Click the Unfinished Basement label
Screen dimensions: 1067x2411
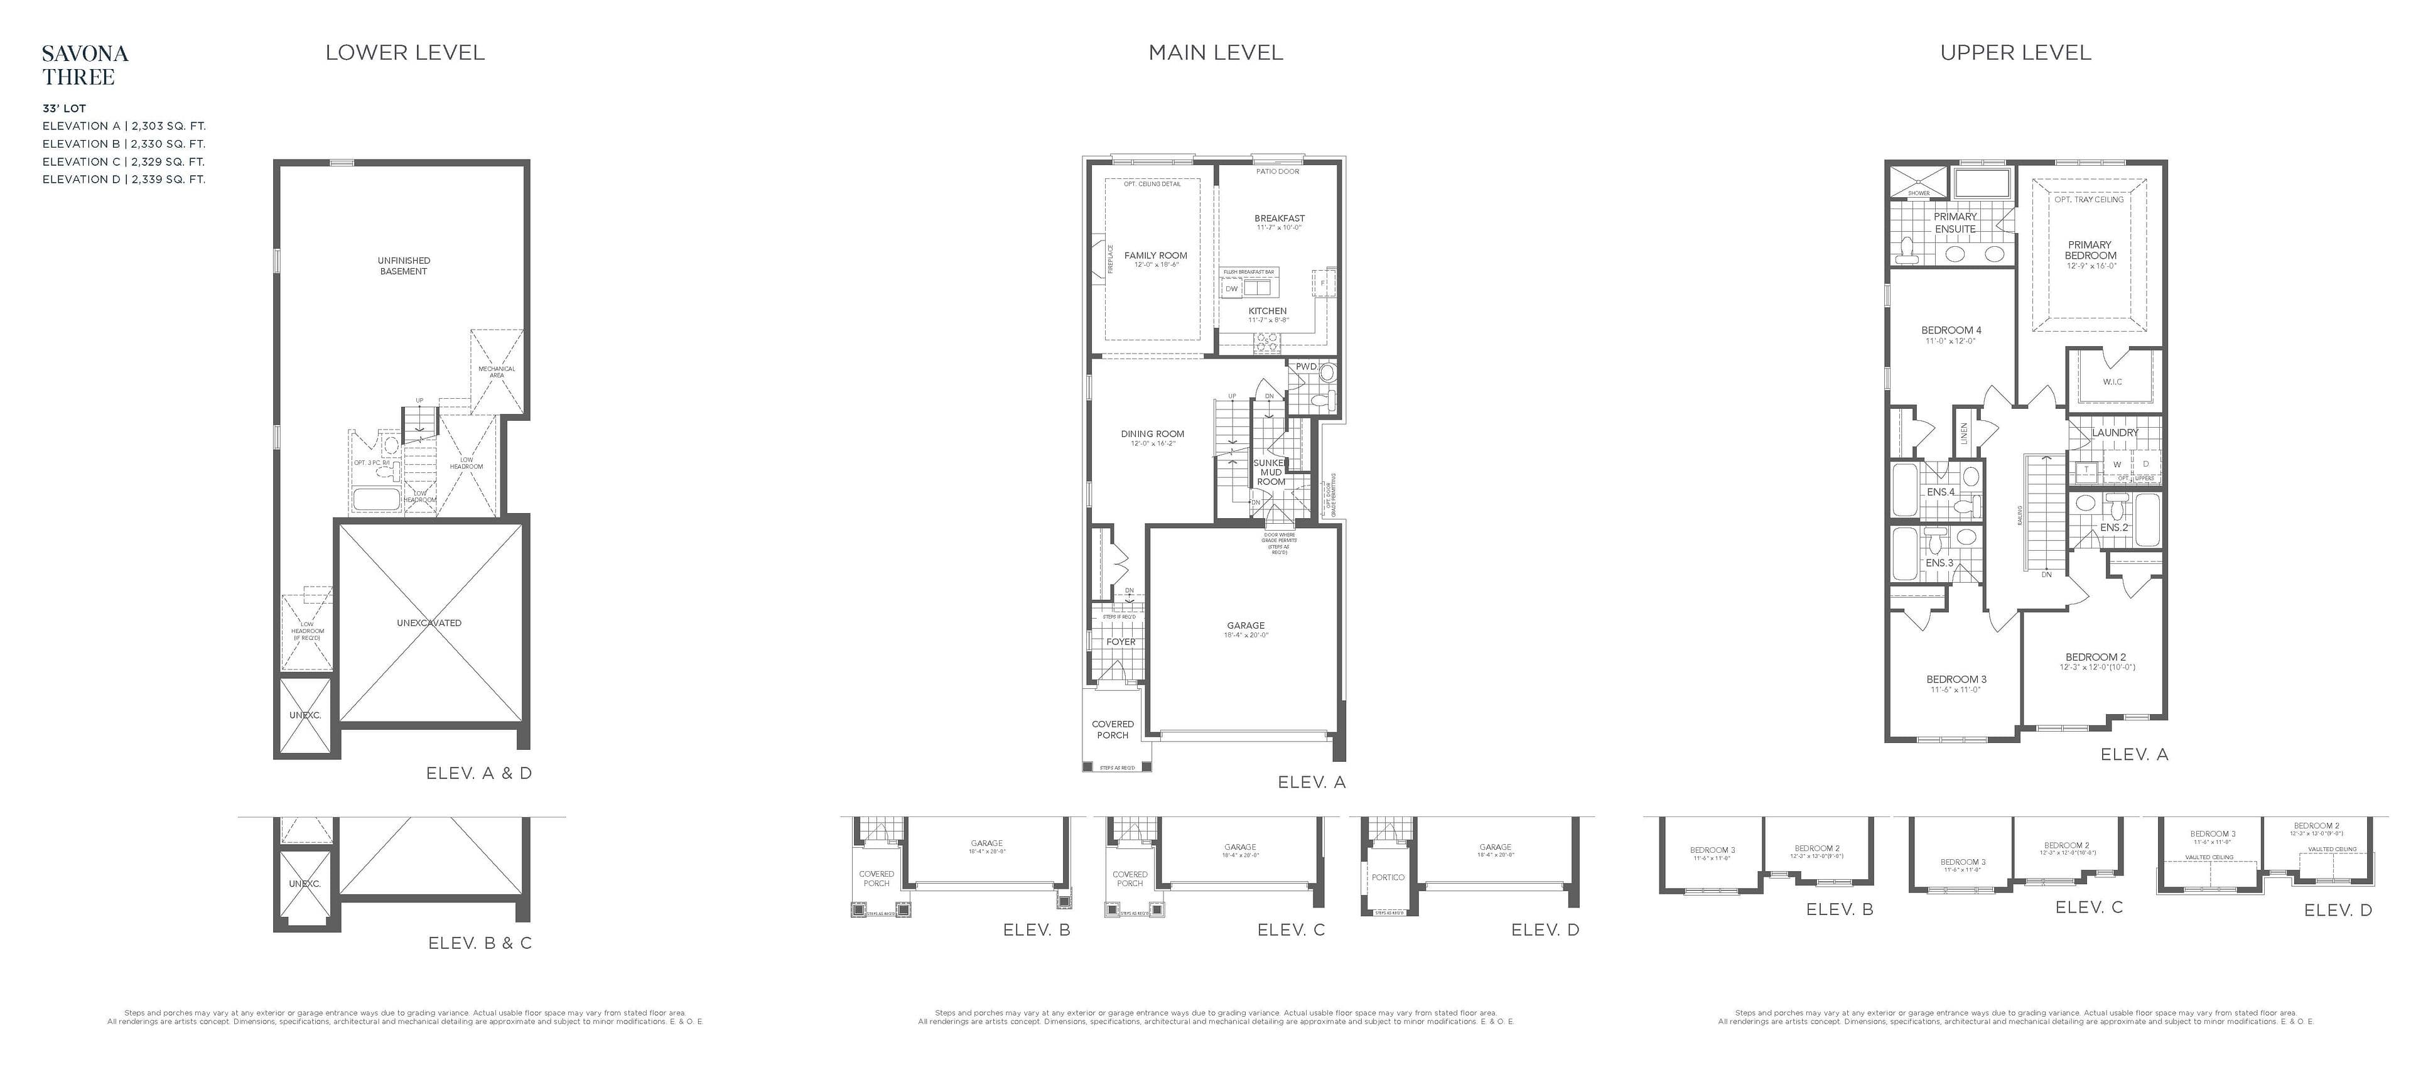tap(403, 266)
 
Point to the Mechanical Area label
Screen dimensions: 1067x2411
tap(496, 372)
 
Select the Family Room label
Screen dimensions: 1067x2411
tap(1155, 256)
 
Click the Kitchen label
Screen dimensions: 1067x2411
tap(1267, 311)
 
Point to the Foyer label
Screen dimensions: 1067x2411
tap(1120, 642)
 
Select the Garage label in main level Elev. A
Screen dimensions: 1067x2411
tap(1245, 626)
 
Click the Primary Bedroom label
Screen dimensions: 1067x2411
tap(2090, 250)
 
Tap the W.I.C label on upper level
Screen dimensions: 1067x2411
tap(2112, 382)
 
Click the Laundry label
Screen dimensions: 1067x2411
tap(2115, 433)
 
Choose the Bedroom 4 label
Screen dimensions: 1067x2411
tap(1951, 330)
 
